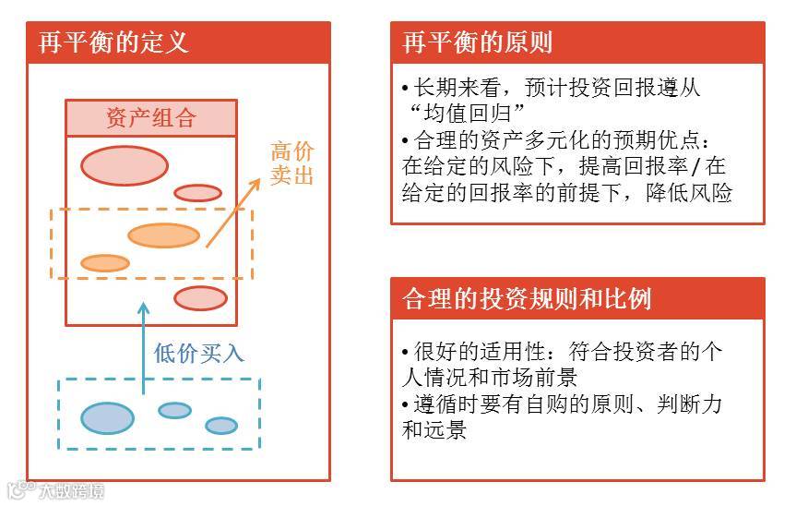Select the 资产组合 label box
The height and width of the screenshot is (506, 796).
(x=150, y=118)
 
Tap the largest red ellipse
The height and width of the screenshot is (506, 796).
(x=125, y=165)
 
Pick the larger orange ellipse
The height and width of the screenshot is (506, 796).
(x=163, y=235)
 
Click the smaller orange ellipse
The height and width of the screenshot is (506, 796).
(x=104, y=263)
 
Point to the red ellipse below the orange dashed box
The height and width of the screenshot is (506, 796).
(x=200, y=298)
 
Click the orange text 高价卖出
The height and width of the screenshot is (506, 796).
(x=291, y=163)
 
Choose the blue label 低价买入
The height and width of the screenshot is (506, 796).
(x=198, y=353)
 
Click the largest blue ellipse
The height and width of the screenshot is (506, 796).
(x=108, y=417)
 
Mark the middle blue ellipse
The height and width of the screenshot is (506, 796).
(x=174, y=410)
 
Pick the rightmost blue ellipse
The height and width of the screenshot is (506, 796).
(x=220, y=425)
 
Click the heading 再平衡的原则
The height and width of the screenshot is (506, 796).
(x=478, y=42)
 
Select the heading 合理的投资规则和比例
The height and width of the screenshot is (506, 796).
(x=528, y=299)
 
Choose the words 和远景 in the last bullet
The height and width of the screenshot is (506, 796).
(x=434, y=430)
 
